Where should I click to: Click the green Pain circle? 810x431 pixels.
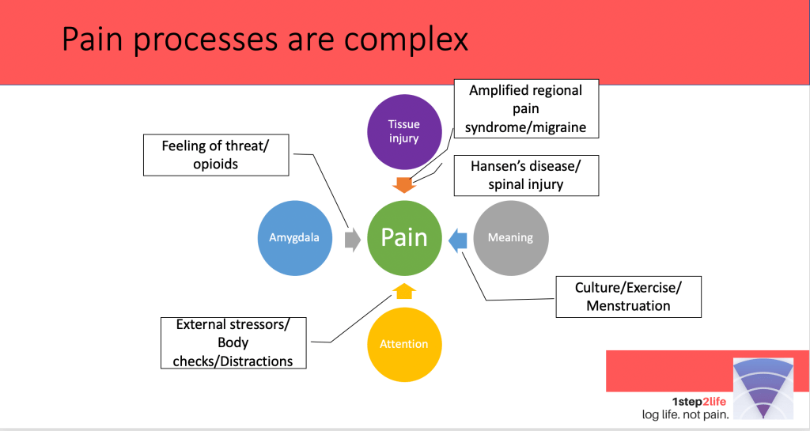tap(404, 238)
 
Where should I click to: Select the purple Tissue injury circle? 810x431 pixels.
tap(403, 131)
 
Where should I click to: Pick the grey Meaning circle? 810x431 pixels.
tap(510, 237)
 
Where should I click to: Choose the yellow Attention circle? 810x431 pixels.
tap(404, 344)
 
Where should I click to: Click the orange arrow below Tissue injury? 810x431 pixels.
tap(404, 185)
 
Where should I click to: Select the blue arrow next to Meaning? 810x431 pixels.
tap(457, 239)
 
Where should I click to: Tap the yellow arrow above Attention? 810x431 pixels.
tap(404, 290)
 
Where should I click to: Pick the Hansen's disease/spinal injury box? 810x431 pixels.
tap(526, 176)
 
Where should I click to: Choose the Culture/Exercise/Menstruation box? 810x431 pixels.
tap(628, 297)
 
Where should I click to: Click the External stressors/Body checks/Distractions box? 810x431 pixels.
tap(233, 343)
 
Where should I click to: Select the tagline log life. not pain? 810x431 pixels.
tap(685, 414)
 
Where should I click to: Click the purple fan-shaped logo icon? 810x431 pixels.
tap(763, 388)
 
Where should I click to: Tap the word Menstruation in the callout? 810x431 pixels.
tap(628, 306)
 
